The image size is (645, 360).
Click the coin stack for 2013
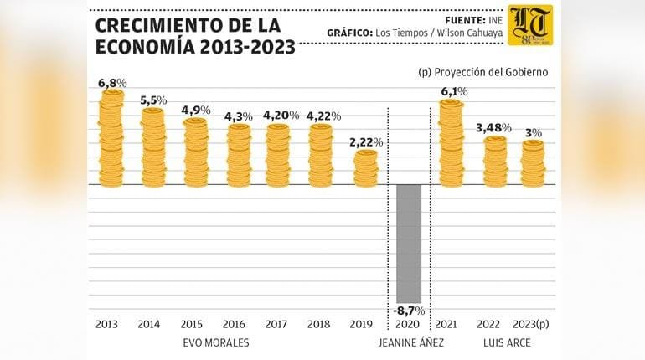[111, 138]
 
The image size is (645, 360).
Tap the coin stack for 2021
[451, 142]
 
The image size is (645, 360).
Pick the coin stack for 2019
[366, 167]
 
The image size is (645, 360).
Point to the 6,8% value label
[111, 83]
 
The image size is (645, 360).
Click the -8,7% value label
[409, 311]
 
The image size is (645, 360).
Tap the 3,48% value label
[494, 127]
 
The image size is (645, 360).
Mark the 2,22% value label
[366, 142]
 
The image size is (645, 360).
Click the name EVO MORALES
[215, 343]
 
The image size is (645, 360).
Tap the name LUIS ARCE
[507, 343]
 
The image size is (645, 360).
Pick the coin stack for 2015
[195, 152]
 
